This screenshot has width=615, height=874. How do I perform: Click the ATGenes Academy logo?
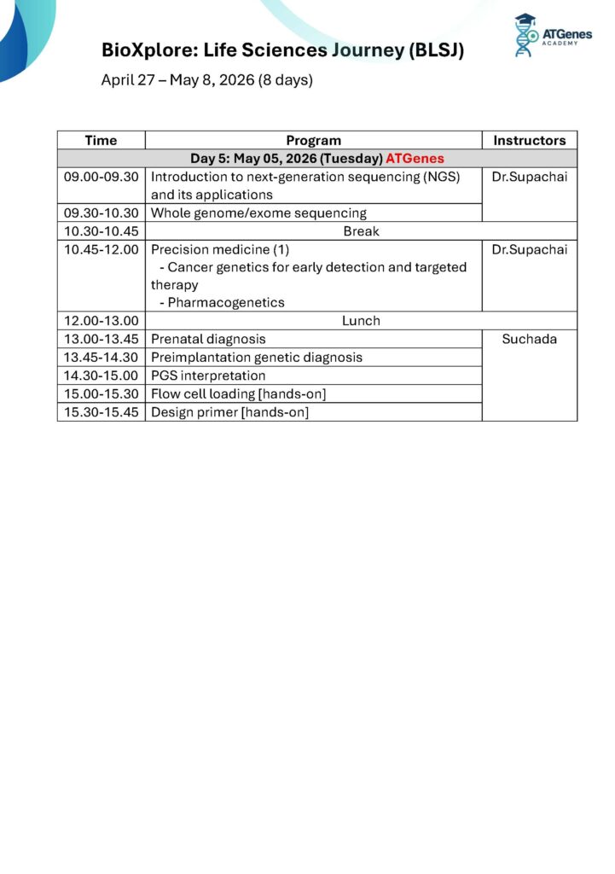[x=552, y=36]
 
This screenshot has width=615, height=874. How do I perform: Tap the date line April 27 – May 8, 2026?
[x=206, y=81]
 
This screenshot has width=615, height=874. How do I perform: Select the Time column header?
[x=101, y=140]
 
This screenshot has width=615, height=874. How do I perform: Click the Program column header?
[x=313, y=140]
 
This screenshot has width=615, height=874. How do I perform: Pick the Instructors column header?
[x=529, y=140]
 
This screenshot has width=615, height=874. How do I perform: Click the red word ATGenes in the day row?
[x=415, y=159]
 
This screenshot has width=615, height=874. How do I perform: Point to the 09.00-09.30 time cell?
[x=101, y=177]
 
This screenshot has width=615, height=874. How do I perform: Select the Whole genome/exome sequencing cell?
[x=258, y=213]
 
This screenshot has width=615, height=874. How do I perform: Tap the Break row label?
[x=361, y=231]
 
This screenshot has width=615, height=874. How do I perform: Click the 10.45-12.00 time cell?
[x=101, y=249]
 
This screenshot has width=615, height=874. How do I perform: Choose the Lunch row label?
[x=361, y=321]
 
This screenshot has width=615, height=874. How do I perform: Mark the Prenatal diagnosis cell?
[x=208, y=339]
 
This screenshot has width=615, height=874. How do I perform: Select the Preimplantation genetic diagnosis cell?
[x=257, y=358]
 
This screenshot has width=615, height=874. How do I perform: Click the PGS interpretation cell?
[x=208, y=376]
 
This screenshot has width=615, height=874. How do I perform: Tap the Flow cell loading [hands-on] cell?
[x=238, y=393]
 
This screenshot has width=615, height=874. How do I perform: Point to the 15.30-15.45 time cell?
[x=101, y=412]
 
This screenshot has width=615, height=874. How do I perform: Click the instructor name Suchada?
[x=529, y=339]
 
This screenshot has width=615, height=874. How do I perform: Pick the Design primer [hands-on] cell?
[x=229, y=412]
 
